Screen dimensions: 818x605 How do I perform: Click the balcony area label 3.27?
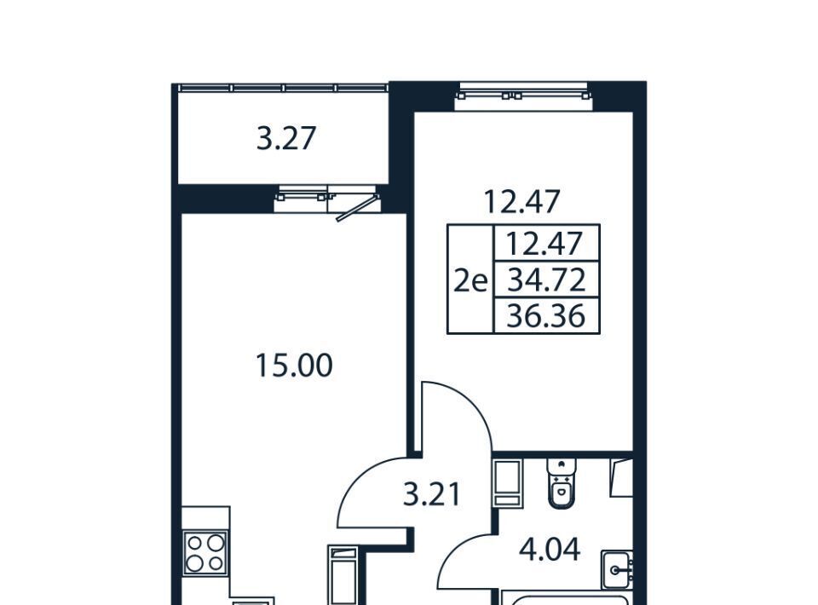286,139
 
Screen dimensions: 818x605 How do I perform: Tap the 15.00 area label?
294,365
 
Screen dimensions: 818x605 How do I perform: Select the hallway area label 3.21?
433,494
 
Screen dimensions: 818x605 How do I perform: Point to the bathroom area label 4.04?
550,550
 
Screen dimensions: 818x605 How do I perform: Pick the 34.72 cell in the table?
546,279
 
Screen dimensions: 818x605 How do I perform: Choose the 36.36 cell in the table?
546,316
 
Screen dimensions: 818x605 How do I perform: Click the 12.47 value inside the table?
544,243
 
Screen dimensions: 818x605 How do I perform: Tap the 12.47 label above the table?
522,201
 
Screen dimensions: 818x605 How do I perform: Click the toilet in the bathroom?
562,482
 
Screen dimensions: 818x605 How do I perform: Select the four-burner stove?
205,553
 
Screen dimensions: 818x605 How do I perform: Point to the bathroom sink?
617,570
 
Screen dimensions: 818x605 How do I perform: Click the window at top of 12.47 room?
524,96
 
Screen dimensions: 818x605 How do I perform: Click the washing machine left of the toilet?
507,483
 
